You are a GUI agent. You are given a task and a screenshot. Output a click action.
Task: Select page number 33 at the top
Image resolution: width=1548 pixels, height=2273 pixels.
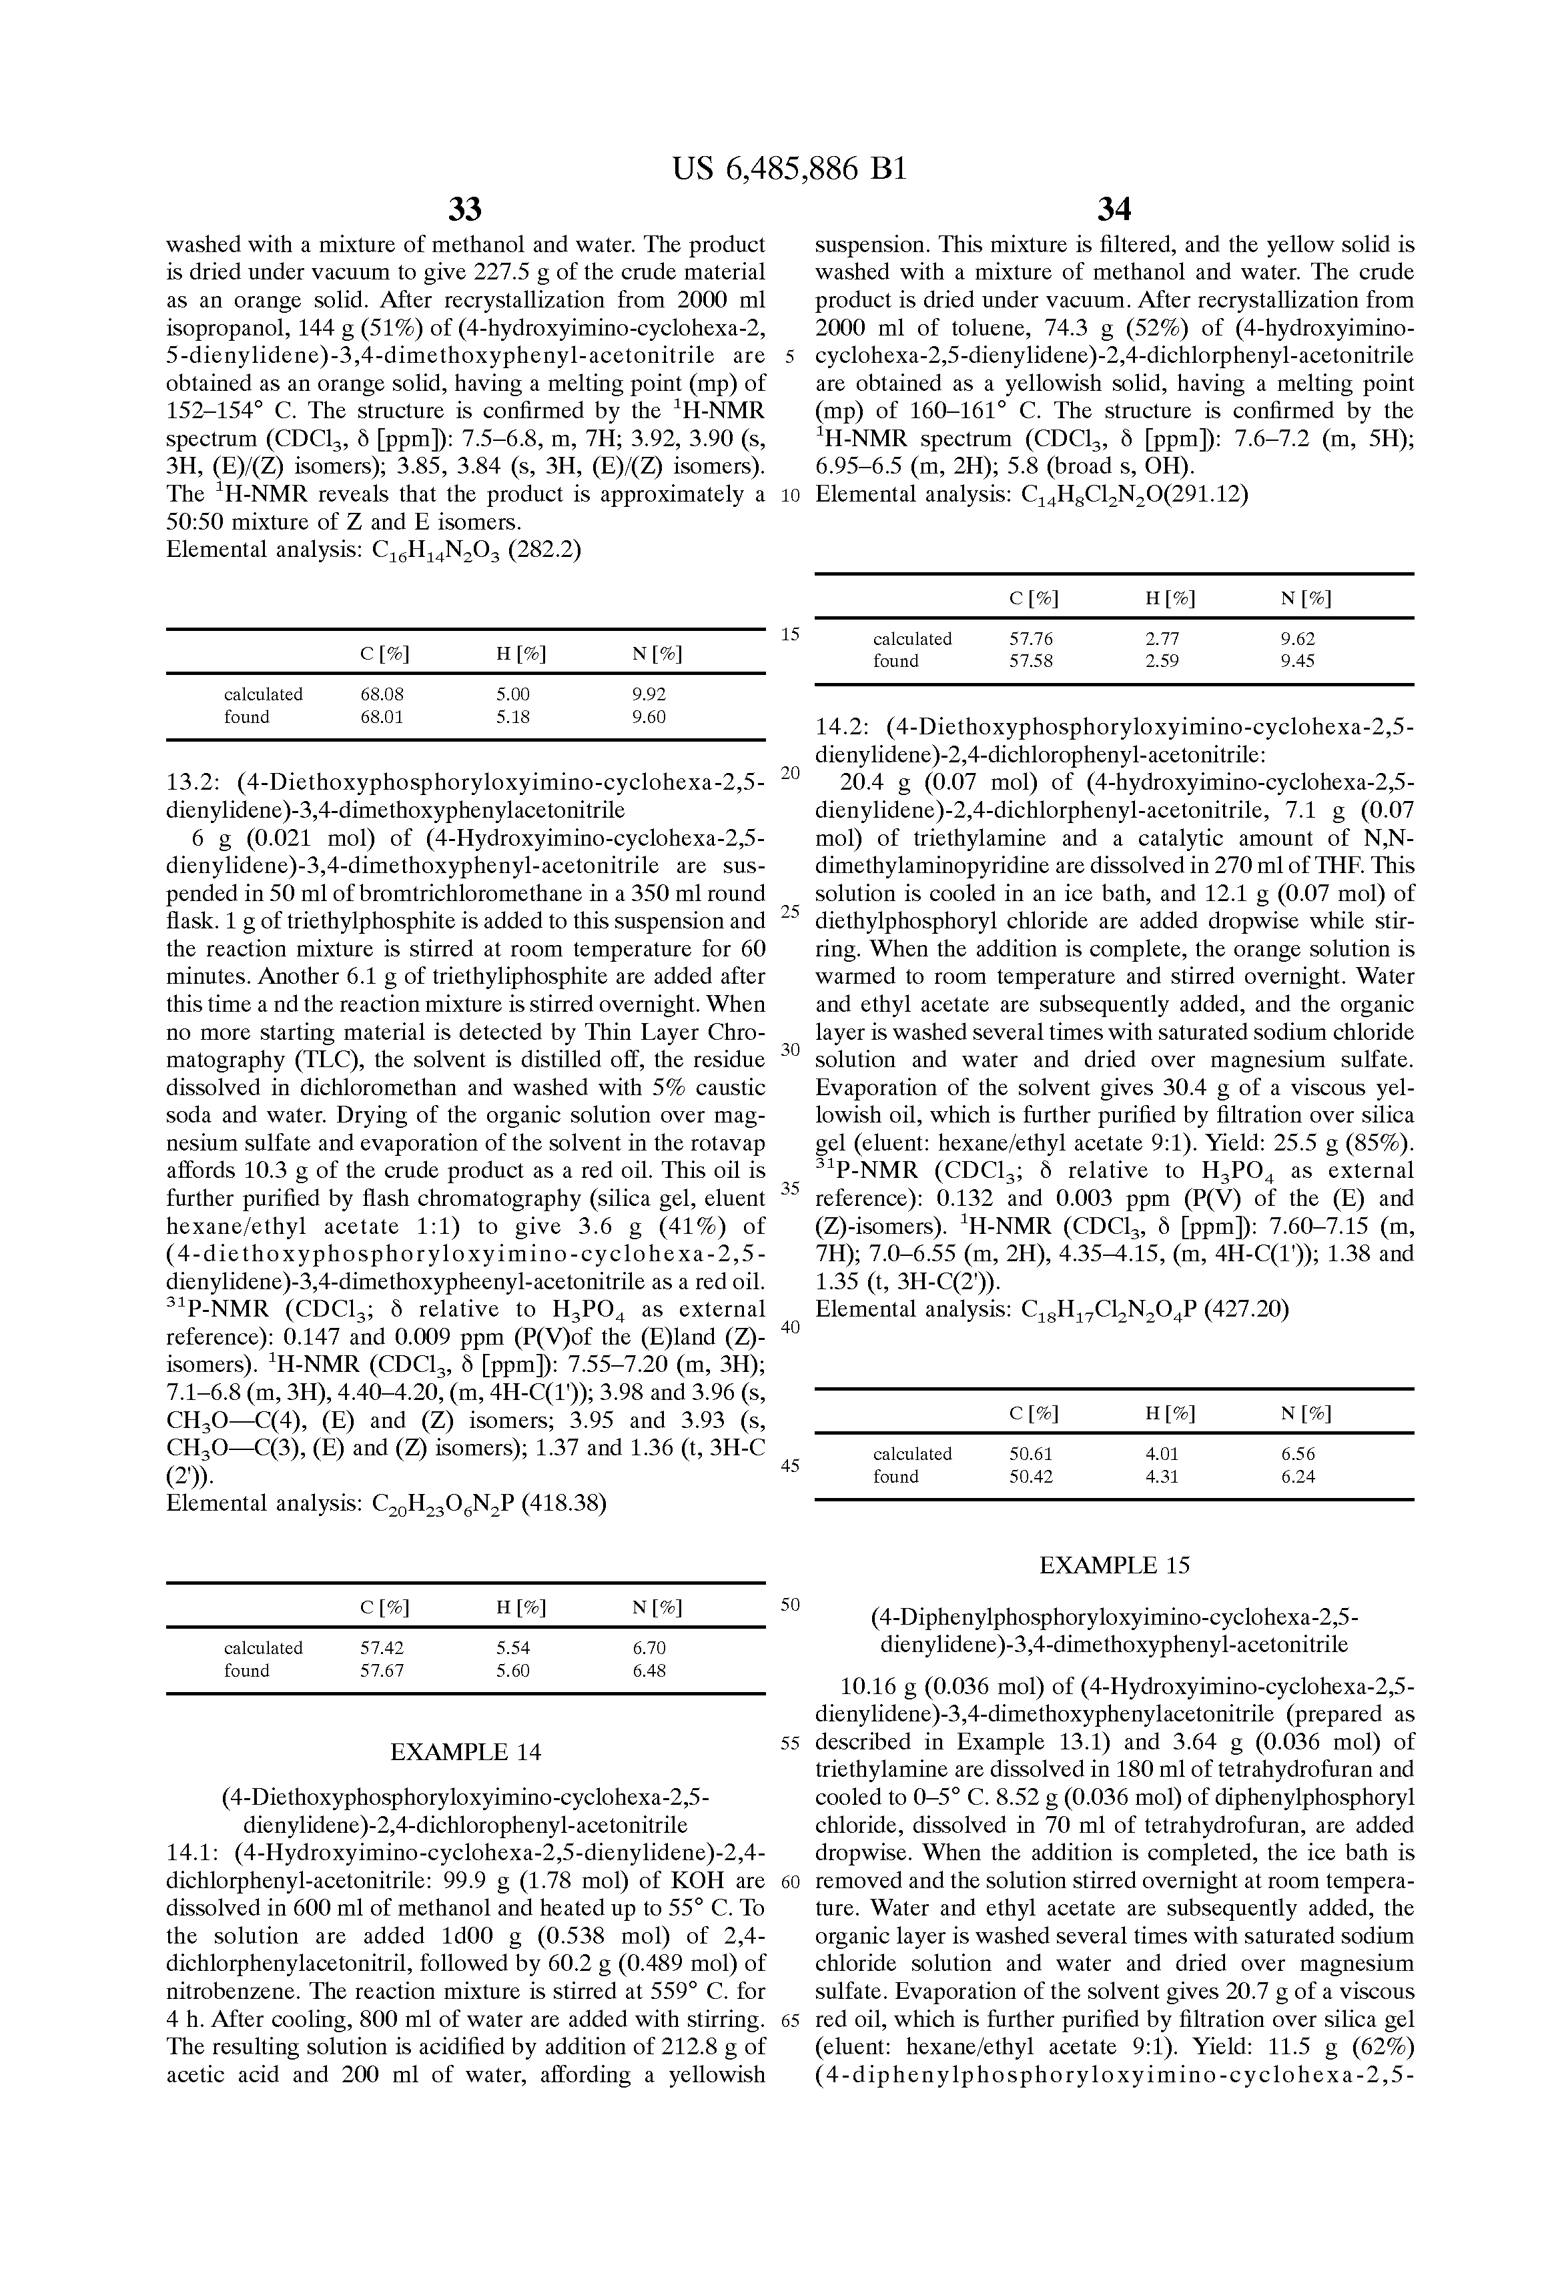(465, 209)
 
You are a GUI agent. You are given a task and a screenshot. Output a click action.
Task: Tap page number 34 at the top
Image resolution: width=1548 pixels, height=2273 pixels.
(1114, 209)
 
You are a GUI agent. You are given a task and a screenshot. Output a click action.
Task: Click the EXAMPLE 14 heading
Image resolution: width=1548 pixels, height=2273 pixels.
(465, 1751)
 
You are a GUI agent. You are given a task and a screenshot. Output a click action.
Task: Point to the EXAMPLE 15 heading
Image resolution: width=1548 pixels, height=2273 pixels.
(1114, 1565)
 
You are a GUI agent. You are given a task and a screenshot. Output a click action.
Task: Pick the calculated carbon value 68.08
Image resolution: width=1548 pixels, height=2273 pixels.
(382, 694)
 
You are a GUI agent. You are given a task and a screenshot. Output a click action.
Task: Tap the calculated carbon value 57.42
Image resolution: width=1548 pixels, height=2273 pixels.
(382, 1648)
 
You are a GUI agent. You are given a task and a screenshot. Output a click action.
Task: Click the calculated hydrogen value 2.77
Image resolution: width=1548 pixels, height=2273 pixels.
(1162, 639)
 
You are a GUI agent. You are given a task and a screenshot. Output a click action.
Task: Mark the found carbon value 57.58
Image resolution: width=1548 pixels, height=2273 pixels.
(1032, 661)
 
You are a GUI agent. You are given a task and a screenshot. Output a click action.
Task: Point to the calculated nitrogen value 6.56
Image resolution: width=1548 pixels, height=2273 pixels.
(1298, 1453)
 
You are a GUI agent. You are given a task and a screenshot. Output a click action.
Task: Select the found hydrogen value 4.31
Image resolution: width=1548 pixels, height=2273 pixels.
(1162, 1476)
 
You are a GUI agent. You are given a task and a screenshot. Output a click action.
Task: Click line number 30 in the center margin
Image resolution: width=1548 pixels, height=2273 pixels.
(791, 1049)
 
